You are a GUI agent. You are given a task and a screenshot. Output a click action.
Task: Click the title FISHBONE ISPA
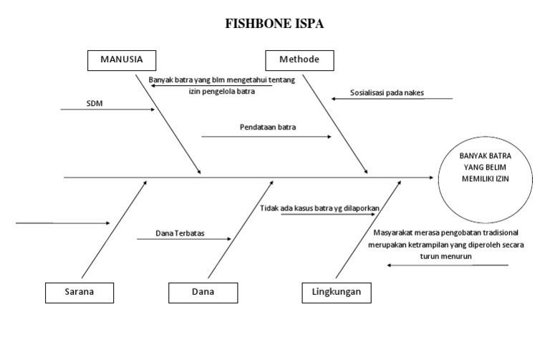click(274, 24)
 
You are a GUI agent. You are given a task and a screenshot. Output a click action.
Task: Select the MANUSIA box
click(120, 59)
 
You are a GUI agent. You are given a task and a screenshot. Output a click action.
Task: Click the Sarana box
click(79, 292)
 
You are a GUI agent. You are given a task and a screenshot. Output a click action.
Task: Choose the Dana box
click(203, 292)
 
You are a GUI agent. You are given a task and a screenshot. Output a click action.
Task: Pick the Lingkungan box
click(336, 292)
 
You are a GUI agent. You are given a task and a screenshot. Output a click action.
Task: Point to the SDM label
click(95, 102)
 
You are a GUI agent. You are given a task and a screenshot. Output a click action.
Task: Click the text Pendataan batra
click(268, 127)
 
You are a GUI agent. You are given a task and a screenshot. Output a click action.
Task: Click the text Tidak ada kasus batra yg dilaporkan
click(319, 208)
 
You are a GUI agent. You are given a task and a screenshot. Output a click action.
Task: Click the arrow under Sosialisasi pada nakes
click(392, 99)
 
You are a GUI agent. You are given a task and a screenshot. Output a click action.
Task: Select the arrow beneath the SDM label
click(107, 110)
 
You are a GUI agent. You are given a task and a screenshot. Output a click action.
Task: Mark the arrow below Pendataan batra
click(266, 135)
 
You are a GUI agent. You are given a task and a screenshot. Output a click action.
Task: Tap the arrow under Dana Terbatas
click(183, 239)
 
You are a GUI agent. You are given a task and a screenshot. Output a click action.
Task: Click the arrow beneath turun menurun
click(448, 266)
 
